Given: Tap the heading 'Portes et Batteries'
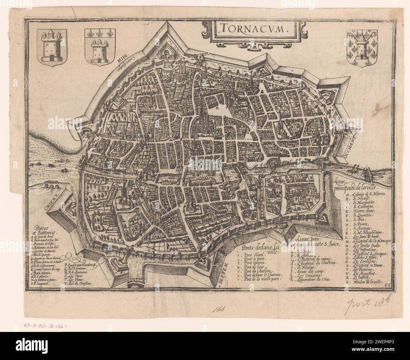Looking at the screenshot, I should coord(46,230).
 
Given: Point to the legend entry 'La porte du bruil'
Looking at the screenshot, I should coord(47,236).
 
